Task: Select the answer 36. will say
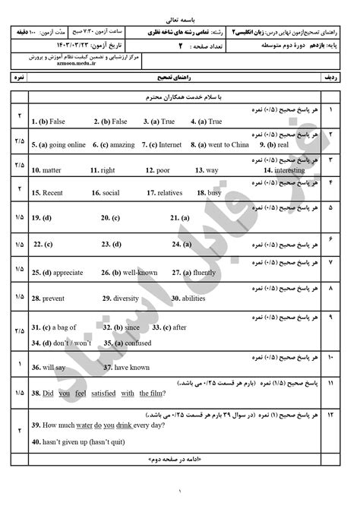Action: click(49, 367)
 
